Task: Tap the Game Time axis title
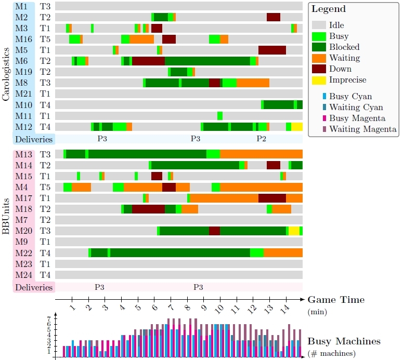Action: click(336, 300)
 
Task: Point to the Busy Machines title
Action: click(344, 341)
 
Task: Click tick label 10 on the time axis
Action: click(220, 310)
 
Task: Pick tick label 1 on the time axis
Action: click(72, 310)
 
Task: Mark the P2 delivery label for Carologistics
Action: click(261, 139)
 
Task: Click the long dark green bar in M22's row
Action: click(180, 253)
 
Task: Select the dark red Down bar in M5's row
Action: click(272, 50)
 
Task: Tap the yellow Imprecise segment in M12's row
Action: click(297, 127)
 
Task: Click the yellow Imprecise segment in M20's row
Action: click(294, 231)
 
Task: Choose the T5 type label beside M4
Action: click(45, 187)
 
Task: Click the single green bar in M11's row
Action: click(220, 116)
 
